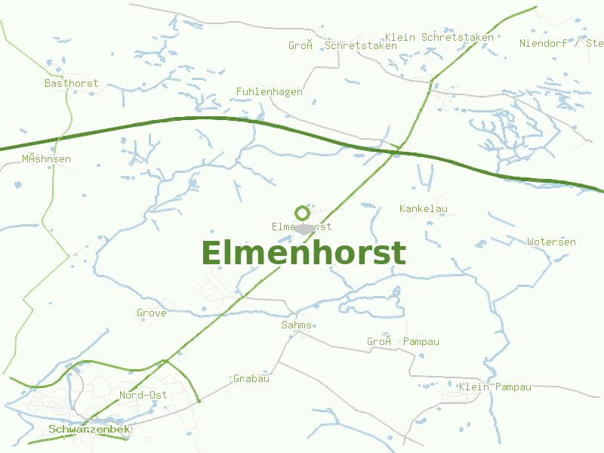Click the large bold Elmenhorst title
(x=304, y=253)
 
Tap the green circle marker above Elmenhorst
(x=302, y=213)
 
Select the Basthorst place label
(x=71, y=83)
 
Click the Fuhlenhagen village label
(x=269, y=91)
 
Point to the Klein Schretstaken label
(x=439, y=37)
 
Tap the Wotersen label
(x=551, y=242)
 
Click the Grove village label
(x=151, y=313)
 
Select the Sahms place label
(x=295, y=325)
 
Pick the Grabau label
(x=251, y=378)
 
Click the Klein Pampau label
(x=495, y=387)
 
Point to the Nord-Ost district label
(x=143, y=395)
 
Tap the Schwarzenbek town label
(x=89, y=430)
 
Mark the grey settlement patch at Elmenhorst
(x=305, y=228)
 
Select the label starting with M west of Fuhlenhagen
(x=46, y=159)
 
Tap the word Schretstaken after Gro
(x=361, y=45)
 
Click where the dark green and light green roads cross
(x=396, y=152)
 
